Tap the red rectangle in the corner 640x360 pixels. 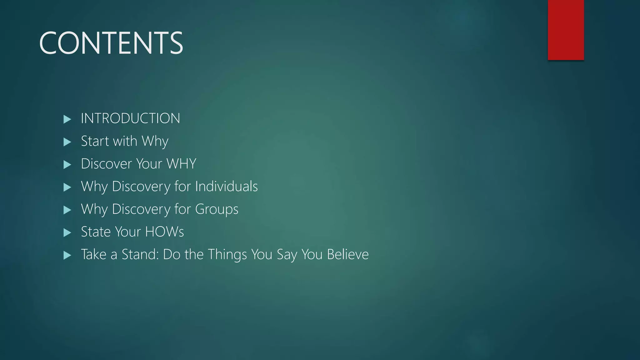click(566, 30)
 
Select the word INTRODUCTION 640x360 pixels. click(130, 118)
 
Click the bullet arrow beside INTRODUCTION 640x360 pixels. click(67, 119)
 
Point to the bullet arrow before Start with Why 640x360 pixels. click(67, 142)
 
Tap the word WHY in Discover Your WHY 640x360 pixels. click(181, 164)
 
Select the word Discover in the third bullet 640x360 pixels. click(106, 164)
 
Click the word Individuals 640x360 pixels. click(227, 186)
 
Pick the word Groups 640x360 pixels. click(217, 209)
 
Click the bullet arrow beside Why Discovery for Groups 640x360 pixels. click(67, 210)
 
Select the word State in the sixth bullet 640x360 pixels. click(96, 232)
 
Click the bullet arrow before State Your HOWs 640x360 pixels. click(67, 232)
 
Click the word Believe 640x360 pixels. click(348, 254)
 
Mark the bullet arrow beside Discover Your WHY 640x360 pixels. click(67, 164)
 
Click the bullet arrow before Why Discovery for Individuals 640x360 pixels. click(67, 187)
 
